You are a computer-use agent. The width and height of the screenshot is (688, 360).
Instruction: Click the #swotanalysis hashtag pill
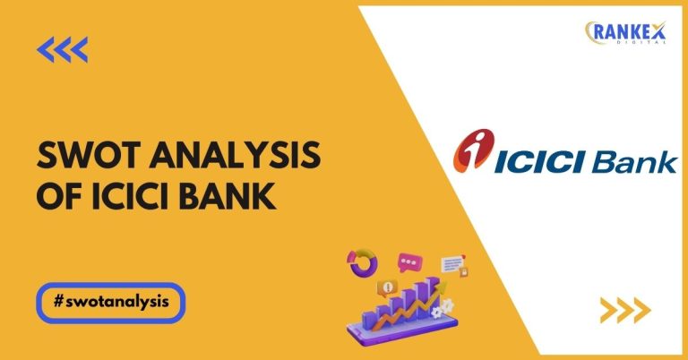(x=111, y=302)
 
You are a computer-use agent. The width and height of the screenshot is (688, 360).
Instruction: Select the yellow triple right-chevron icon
(x=623, y=310)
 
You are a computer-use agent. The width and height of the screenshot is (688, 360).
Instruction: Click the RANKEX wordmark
(x=628, y=30)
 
